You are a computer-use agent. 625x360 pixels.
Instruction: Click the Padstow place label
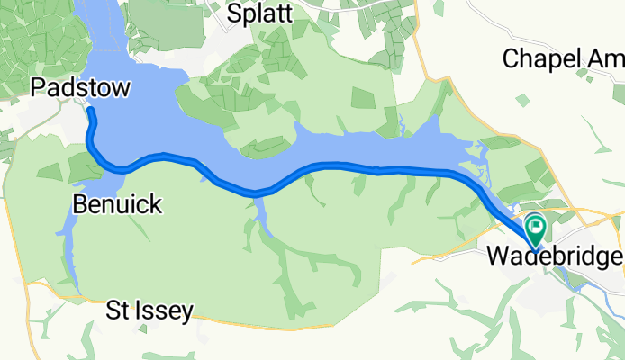point(80,87)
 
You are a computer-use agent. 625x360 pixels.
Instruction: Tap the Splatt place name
point(260,13)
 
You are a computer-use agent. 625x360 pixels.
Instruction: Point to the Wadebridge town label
point(554,256)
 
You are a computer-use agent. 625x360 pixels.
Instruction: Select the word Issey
point(165,312)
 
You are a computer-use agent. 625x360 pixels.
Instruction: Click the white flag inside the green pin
point(537,225)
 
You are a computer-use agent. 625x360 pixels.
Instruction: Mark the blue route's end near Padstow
point(91,111)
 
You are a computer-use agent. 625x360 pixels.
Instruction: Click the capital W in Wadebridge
point(496,256)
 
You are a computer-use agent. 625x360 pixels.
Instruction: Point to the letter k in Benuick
point(155,204)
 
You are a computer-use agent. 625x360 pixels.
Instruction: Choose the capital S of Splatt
point(234,13)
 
